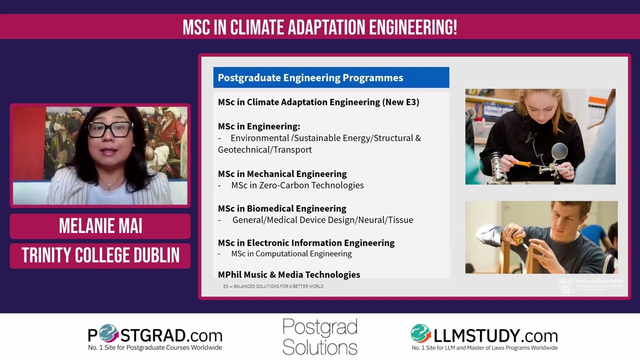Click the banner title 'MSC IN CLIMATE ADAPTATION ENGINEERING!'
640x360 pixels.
320,27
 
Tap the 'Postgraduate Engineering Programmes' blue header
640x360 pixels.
310,77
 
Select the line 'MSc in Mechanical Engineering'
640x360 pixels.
282,174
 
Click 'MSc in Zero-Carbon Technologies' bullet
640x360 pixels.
297,185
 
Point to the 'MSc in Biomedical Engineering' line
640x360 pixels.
282,208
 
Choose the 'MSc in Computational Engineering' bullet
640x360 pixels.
291,254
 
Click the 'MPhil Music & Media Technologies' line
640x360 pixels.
289,274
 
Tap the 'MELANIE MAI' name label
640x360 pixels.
100,226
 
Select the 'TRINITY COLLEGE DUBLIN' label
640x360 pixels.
100,255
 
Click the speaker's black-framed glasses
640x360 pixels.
109,129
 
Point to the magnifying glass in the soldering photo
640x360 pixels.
558,150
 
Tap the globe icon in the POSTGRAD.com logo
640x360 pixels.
108,333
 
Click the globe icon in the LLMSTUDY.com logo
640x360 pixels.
421,333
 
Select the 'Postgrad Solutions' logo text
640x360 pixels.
320,336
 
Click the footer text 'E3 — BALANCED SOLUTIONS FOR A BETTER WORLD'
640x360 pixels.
273,286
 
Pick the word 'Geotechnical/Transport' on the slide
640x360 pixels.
265,150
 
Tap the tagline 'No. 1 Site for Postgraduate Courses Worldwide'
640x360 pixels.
155,347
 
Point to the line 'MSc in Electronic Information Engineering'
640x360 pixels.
306,243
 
